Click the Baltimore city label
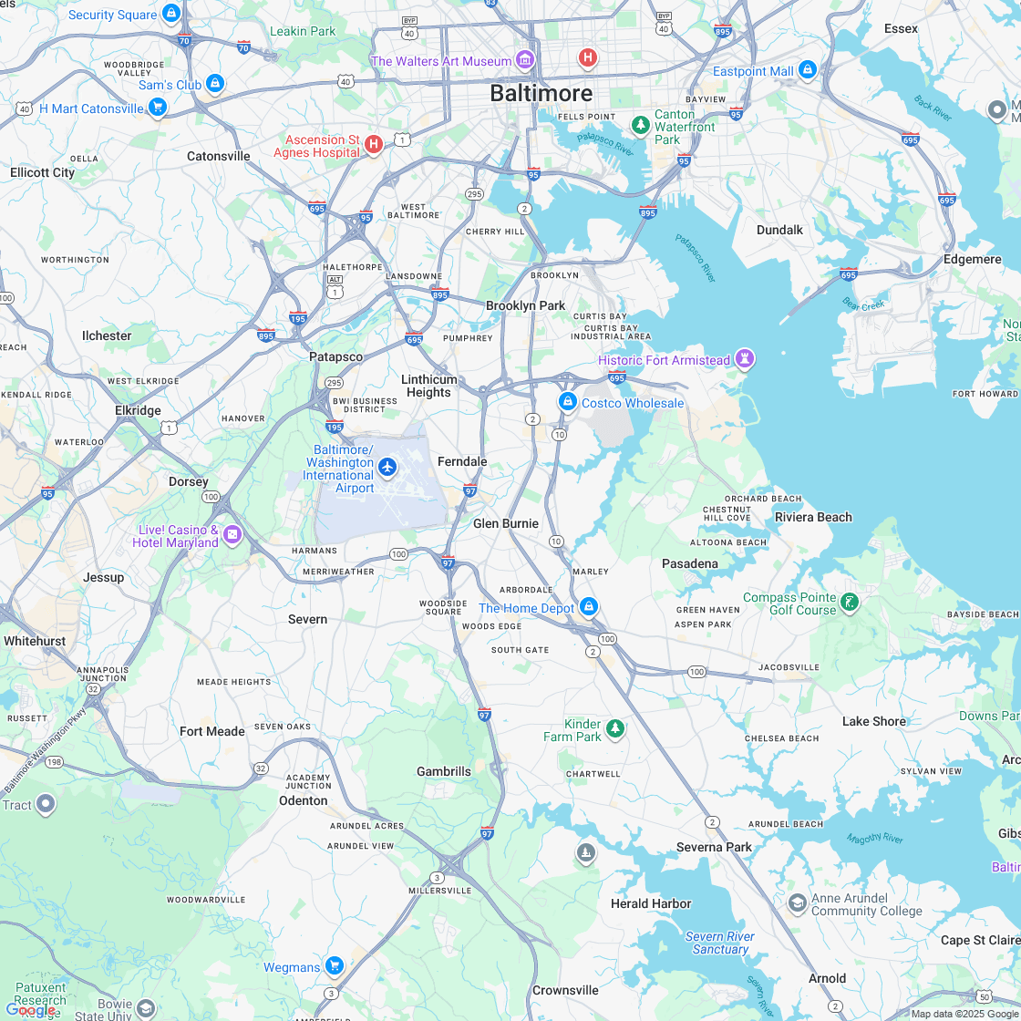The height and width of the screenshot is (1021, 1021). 541,93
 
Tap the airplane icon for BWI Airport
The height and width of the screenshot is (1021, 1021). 387,468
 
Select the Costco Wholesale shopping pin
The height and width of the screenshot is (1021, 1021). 567,402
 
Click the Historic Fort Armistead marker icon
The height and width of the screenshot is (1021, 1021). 747,359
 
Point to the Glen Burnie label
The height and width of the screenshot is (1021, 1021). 506,523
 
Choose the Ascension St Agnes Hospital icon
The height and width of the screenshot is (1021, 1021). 373,144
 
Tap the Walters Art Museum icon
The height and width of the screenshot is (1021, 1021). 525,61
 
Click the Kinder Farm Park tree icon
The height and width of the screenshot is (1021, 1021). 615,727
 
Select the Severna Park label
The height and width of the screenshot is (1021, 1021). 714,847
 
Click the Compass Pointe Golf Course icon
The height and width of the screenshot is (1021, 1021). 850,602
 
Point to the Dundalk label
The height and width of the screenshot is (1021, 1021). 779,230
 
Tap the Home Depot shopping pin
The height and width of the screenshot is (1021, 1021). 589,606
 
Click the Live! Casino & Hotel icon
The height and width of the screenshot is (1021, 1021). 232,534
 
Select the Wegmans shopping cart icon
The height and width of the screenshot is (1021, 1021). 335,965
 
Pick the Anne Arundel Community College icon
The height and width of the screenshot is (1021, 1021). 798,902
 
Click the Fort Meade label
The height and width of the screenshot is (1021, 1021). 212,731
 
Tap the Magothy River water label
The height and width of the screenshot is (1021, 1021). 874,839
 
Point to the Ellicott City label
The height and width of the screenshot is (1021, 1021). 43,172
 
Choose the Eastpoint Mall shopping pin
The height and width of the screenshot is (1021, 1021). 807,69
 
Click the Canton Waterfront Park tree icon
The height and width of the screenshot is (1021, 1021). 641,123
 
